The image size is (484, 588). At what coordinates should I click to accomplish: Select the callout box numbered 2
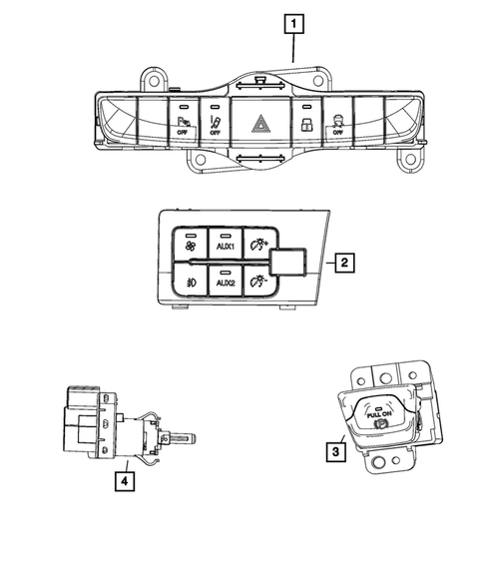(341, 264)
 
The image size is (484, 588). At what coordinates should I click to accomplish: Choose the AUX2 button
(224, 281)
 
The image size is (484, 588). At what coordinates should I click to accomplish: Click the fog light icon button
(188, 281)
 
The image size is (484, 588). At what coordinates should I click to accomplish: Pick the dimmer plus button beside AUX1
(259, 243)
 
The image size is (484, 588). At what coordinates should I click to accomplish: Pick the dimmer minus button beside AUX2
(259, 281)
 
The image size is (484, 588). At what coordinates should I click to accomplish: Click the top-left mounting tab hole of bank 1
(155, 76)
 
